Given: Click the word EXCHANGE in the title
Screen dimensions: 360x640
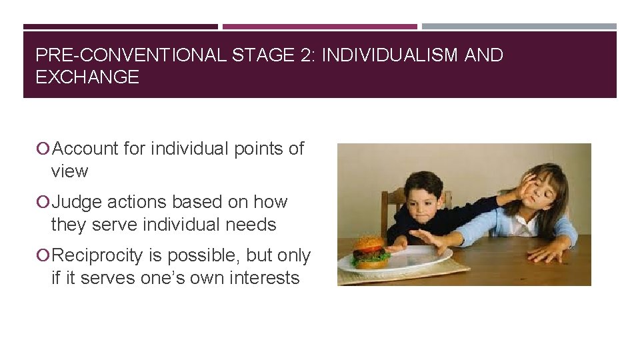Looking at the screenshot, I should (x=87, y=77).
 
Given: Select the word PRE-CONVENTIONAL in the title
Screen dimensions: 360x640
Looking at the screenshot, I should (x=131, y=55).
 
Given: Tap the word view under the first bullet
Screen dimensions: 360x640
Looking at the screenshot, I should (x=69, y=171).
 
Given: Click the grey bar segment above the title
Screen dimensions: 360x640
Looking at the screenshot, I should (x=519, y=27).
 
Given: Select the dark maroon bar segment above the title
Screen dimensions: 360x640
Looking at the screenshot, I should (x=121, y=27).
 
